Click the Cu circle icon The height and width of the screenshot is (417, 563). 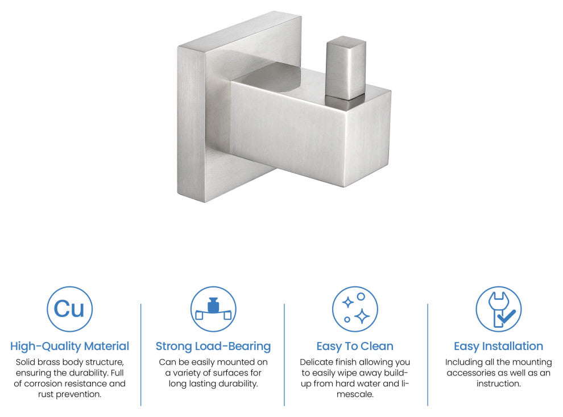point(69,309)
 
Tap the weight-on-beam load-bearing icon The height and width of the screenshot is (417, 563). point(213,309)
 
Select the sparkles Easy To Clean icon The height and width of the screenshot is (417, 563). point(355,309)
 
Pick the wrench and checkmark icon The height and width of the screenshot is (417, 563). point(498,309)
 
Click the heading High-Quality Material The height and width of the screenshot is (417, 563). point(69,346)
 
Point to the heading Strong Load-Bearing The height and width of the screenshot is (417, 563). point(213,346)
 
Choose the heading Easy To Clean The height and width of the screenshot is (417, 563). point(355,346)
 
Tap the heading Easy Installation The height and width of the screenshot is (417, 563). point(498,346)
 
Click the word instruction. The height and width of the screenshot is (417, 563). point(498,384)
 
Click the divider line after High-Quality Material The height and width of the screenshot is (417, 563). point(141,355)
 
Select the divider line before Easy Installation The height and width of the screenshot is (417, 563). point(428,355)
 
